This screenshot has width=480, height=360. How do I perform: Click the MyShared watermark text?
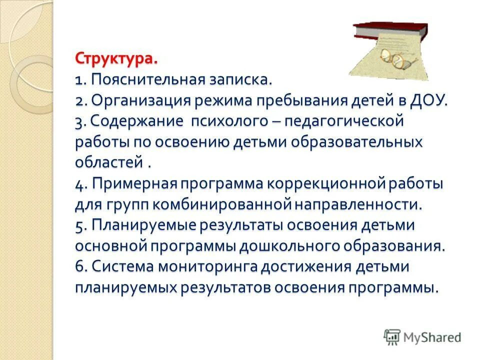[432, 337]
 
